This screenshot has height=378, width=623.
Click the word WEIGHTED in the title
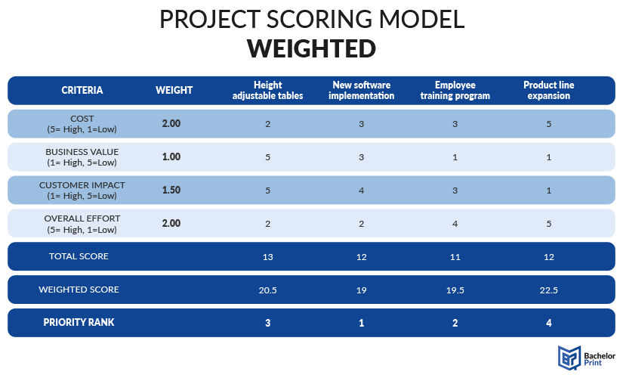pos(311,48)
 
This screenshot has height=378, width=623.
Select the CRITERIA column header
pos(82,90)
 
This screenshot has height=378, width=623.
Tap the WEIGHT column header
pos(174,90)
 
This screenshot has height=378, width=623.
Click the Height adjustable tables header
pos(268,90)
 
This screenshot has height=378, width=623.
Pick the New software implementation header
pos(361,90)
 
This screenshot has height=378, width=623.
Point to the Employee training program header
pos(455,90)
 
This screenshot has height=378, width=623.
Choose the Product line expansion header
pos(549,90)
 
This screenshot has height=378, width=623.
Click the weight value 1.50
pos(171,191)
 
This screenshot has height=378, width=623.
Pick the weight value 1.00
pos(171,157)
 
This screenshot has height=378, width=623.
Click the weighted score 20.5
pos(268,290)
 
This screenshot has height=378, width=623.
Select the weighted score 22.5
pos(549,290)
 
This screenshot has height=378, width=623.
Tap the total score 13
pos(268,257)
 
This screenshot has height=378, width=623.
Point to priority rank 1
pos(361,323)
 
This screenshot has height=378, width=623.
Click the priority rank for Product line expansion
pos(549,323)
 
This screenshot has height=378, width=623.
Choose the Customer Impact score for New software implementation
pos(361,191)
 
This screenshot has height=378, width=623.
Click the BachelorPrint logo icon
pos(569,358)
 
